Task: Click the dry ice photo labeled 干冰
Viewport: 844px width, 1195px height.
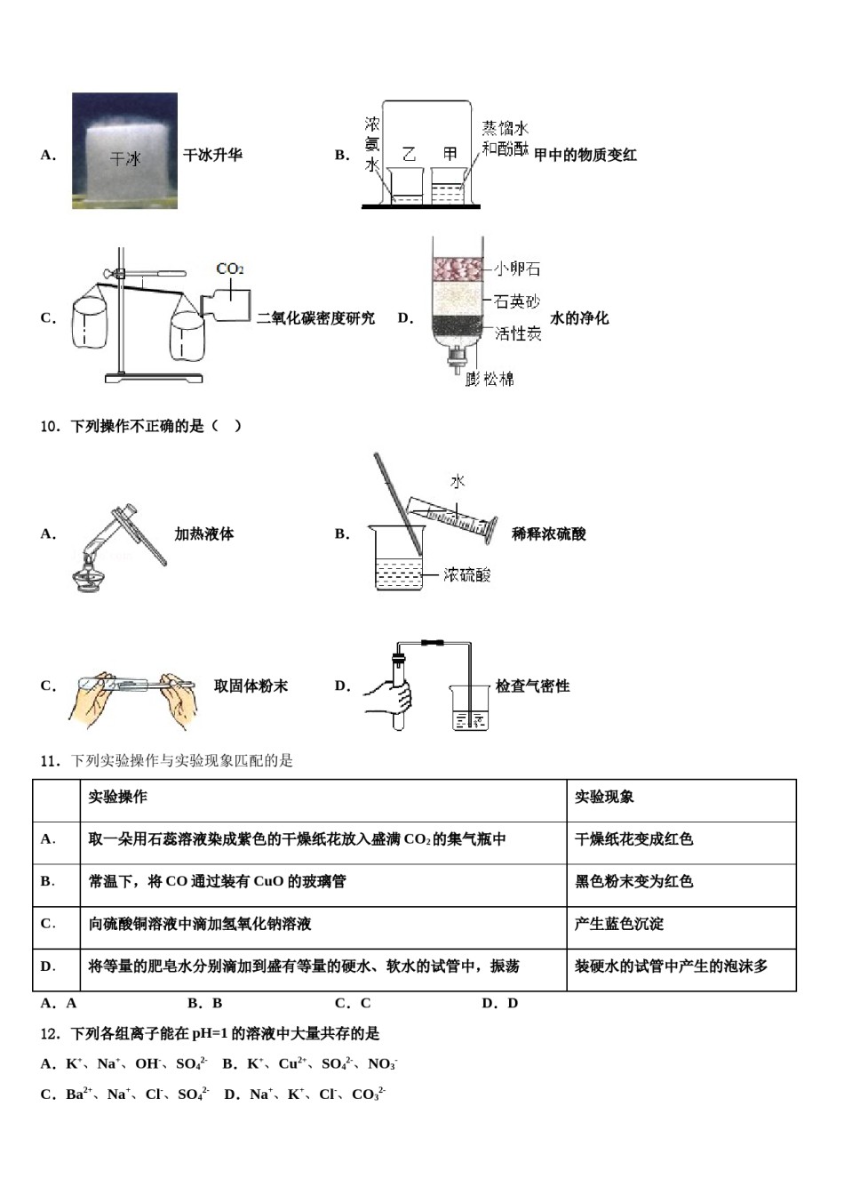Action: tap(124, 151)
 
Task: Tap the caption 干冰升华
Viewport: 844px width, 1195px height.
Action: tap(212, 155)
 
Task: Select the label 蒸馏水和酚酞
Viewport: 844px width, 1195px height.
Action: tap(505, 138)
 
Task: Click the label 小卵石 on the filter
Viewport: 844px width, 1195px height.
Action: tap(517, 269)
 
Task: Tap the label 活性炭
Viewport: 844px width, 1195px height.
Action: tap(518, 333)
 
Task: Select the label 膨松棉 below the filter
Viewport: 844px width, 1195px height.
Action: tap(490, 379)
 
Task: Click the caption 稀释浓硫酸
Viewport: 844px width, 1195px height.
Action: tap(548, 534)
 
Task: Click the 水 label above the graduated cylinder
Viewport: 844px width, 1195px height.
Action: tap(457, 481)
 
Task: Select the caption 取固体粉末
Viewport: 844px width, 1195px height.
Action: tap(251, 686)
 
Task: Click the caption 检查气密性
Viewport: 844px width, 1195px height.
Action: tap(532, 686)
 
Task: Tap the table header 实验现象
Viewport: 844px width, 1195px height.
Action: tap(604, 797)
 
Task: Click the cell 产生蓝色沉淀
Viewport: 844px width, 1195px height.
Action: tap(618, 924)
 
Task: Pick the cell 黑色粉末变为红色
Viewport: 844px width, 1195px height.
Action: tap(633, 881)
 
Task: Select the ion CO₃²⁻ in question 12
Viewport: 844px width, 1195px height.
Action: tap(368, 1094)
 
